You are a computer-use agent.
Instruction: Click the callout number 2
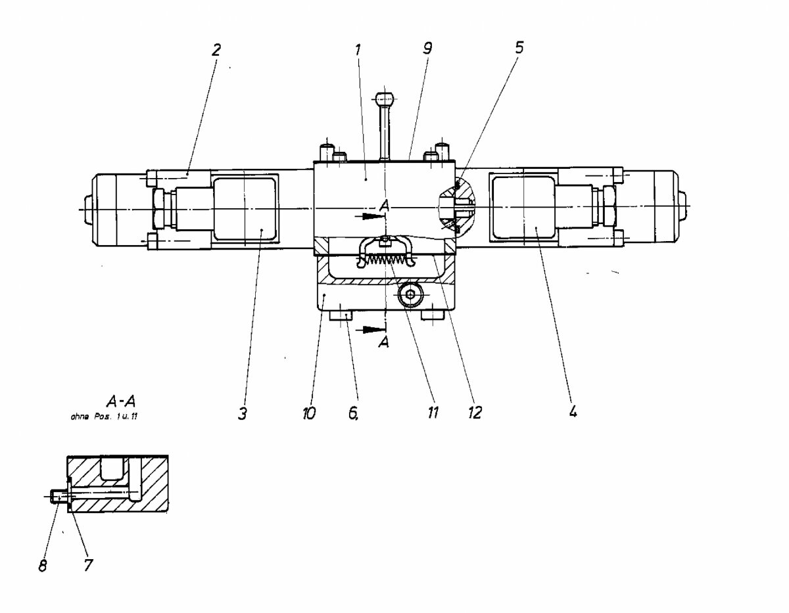(216, 49)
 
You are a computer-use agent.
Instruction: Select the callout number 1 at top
(358, 49)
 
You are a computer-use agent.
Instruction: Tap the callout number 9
(428, 49)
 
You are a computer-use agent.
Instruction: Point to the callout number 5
(519, 48)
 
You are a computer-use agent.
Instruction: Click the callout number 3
(243, 414)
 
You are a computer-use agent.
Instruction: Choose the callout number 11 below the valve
(432, 413)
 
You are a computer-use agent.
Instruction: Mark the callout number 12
(474, 413)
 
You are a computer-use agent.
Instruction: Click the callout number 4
(573, 413)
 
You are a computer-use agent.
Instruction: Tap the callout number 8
(43, 566)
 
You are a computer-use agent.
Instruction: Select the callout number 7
(88, 565)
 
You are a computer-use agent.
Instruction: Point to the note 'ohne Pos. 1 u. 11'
(105, 416)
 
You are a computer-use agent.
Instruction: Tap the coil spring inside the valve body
(385, 260)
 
